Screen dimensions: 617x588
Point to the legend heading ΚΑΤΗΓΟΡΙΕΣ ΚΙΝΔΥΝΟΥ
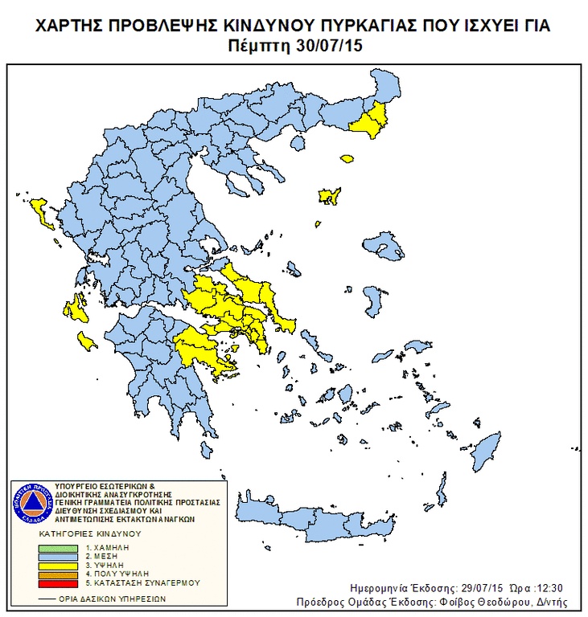click(x=89, y=533)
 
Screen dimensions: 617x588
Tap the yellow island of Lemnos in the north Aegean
click(x=328, y=196)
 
